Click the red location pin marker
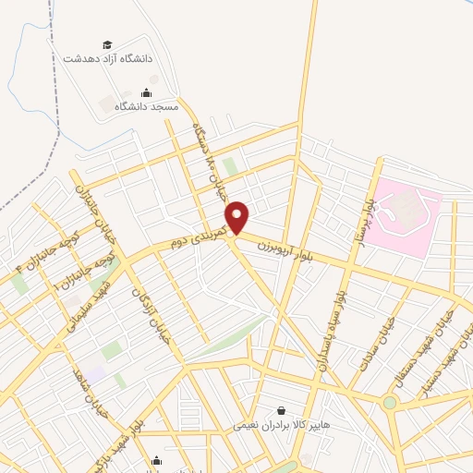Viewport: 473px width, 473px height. [238, 217]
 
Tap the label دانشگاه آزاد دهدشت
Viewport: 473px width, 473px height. [107, 57]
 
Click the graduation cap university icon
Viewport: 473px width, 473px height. [107, 44]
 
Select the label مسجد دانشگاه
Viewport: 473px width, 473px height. [146, 106]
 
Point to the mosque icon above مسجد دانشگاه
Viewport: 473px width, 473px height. [146, 92]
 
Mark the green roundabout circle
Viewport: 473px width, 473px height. [390, 402]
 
